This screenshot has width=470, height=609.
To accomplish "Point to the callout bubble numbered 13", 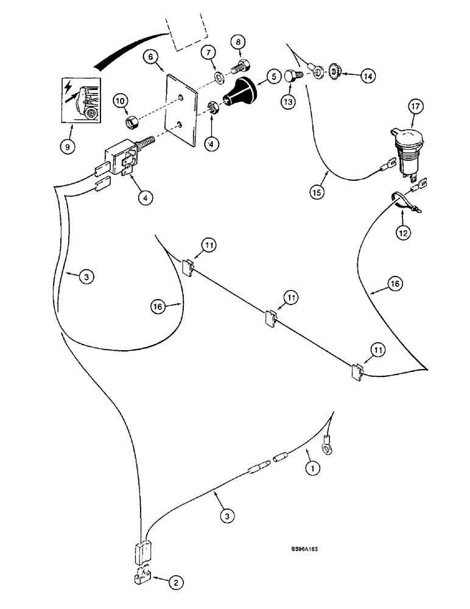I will [287, 100].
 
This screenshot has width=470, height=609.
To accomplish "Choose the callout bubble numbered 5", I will [273, 76].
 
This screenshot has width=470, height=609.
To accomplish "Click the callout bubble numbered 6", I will [151, 58].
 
